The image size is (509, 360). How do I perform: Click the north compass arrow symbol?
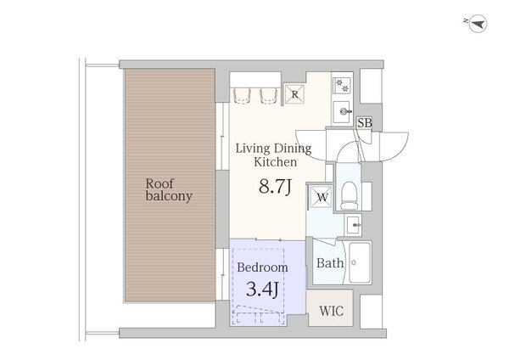point(478,24)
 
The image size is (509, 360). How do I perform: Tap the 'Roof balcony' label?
point(169,190)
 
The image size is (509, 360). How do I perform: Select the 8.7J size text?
point(275,187)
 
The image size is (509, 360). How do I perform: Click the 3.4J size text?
point(262,289)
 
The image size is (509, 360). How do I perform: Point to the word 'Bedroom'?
point(262,267)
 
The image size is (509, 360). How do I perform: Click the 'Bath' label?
point(330,263)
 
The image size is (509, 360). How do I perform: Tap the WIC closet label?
point(331,311)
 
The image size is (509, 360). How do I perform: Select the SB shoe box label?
point(365,123)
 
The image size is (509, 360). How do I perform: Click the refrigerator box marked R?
point(294,94)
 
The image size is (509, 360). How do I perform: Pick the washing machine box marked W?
point(321,197)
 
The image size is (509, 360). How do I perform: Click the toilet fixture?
point(350,195)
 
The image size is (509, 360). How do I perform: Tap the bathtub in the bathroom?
point(360,262)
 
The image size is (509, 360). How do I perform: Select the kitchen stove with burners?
point(342,86)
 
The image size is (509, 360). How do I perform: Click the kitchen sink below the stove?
point(342,112)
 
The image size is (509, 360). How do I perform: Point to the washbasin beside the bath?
point(354,224)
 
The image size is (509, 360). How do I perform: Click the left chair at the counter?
point(242,96)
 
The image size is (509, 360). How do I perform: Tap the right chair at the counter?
point(269,96)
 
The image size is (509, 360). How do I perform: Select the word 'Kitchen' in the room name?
point(275,162)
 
